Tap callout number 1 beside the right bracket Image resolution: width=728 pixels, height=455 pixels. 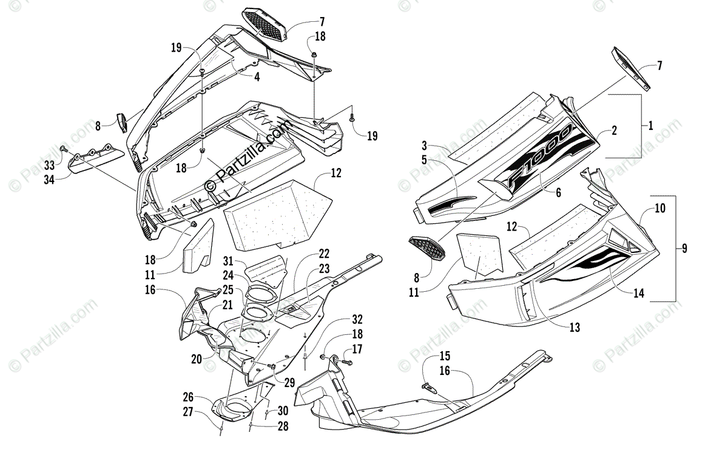650,126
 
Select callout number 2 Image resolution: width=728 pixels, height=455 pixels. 614,130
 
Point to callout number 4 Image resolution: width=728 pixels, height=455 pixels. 257,77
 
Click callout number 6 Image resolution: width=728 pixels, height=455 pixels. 558,193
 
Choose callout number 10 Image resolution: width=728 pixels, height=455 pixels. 659,209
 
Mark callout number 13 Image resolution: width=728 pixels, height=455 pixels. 575,328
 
